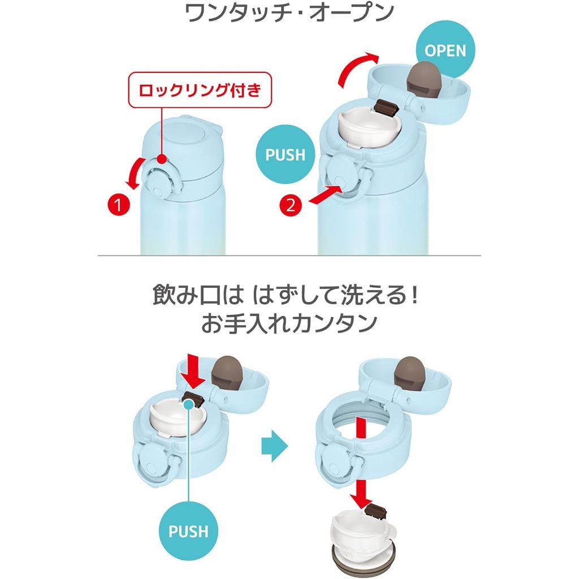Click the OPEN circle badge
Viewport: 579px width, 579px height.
coord(446,50)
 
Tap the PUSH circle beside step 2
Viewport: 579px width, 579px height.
coord(286,155)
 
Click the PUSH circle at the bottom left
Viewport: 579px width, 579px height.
coord(188,532)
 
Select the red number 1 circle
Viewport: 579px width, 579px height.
coord(119,205)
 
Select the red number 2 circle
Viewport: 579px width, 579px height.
coord(291,205)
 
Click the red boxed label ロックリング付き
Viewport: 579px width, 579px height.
coord(200,90)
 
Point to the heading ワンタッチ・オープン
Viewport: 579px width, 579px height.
coord(289,14)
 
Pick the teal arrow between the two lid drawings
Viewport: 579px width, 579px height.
coord(274,446)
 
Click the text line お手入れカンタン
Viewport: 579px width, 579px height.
coord(289,323)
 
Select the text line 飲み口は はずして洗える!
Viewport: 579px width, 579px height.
coord(286,296)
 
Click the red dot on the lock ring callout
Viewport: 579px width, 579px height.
coord(161,159)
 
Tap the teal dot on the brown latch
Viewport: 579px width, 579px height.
coord(188,404)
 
